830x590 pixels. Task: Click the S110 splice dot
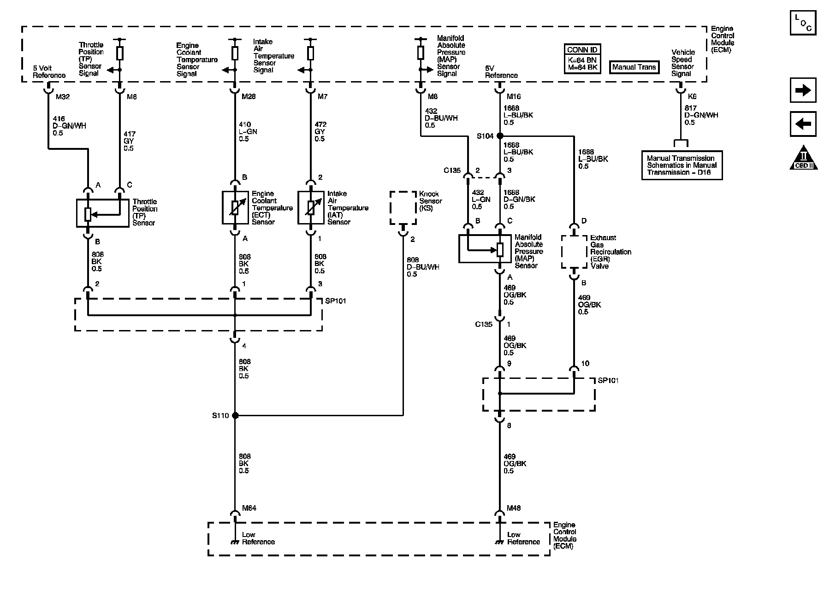pos(235,415)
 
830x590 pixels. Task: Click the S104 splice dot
pos(500,136)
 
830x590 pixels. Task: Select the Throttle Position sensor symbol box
pos(102,213)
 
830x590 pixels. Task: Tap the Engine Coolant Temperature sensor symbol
pos(235,207)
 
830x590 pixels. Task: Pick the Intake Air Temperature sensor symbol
pos(311,207)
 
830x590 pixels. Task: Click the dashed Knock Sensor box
pos(403,208)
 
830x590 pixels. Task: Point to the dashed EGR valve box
pos(574,252)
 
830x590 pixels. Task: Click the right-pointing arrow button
pos(803,90)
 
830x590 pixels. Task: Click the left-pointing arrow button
pos(803,124)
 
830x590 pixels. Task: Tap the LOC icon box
pos(803,22)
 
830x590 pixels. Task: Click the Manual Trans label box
pos(634,67)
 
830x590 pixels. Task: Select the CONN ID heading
pos(582,50)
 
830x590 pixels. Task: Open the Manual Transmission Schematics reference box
pos(682,165)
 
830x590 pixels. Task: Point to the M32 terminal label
pos(63,97)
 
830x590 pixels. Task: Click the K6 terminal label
pos(692,97)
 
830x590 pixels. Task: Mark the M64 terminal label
pos(249,508)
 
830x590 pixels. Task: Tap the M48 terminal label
pos(514,508)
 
